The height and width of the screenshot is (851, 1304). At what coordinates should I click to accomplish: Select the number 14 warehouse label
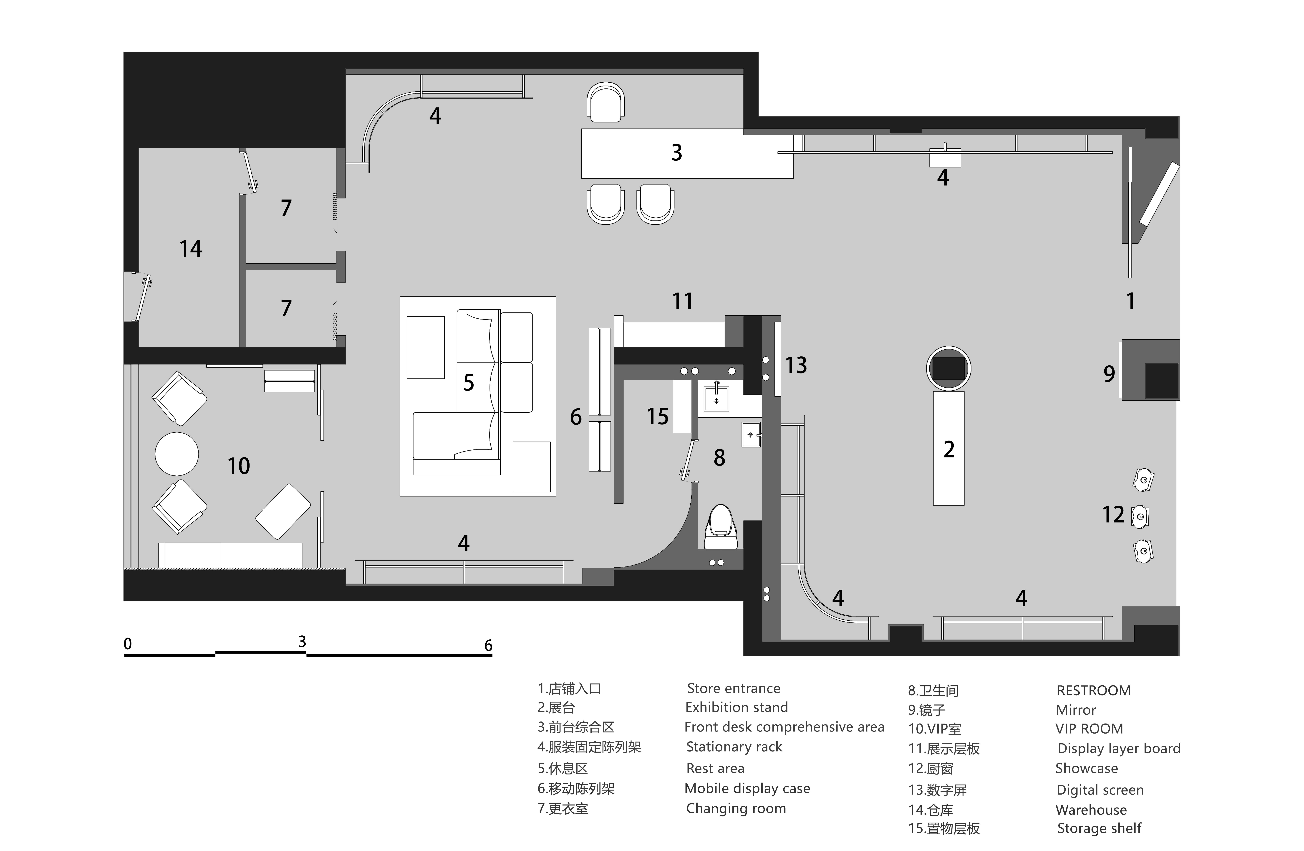click(191, 249)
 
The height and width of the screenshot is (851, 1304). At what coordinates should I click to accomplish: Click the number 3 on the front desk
click(677, 152)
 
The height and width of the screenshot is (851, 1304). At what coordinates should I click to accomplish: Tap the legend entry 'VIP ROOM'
click(1089, 729)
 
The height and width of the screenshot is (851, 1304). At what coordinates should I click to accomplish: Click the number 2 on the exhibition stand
click(949, 449)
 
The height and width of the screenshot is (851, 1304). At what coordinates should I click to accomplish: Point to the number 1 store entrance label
click(1130, 301)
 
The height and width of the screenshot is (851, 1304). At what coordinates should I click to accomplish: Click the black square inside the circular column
click(948, 368)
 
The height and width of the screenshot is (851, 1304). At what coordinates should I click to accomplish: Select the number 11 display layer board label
click(682, 301)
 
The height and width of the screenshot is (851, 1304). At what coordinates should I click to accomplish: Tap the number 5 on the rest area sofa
click(468, 382)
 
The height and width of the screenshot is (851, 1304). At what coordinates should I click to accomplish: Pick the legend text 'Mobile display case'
click(747, 789)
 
